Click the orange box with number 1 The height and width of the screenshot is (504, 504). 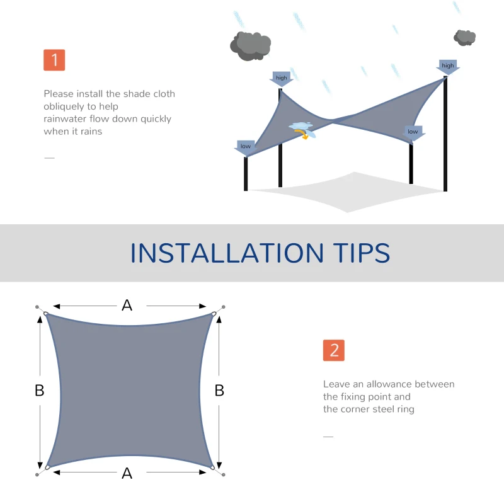coord(54,60)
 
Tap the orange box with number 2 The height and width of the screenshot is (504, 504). coord(334,350)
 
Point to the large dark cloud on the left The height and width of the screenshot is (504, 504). coord(250,45)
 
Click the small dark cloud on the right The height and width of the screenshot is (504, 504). coord(465,37)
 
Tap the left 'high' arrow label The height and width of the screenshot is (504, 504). coord(282,79)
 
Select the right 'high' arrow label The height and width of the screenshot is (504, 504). coord(448,66)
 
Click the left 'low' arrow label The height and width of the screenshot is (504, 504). coord(246,147)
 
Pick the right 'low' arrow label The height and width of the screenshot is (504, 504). coord(413,132)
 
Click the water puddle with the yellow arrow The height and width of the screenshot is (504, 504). coord(302,129)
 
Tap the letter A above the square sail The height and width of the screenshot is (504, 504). coord(127,306)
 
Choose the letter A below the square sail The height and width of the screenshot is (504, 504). coord(127,473)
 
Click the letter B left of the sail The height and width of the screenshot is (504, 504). coord(39,391)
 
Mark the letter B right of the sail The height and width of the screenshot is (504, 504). coord(219,391)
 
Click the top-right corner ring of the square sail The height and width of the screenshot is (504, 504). coord(214,314)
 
